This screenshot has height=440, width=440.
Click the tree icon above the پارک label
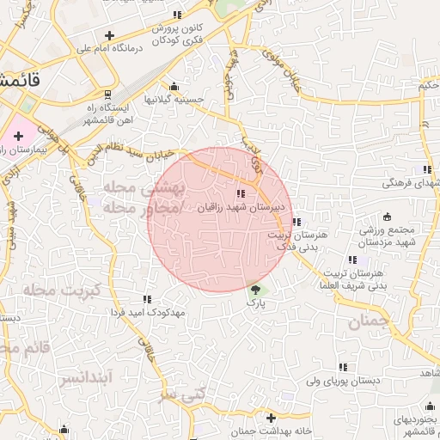tap(254, 289)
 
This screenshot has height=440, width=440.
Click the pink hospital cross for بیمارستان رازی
tap(18, 136)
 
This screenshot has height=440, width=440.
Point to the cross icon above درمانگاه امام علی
tap(108, 35)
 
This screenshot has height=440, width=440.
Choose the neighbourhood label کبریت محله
tap(59, 290)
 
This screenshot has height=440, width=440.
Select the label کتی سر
tap(184, 394)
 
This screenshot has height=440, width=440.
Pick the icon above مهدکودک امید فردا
tap(147, 299)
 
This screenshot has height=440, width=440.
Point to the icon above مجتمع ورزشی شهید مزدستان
tap(386, 216)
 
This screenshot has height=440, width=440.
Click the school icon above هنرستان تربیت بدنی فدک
tap(296, 222)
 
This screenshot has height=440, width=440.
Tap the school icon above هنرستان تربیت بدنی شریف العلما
tap(351, 260)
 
